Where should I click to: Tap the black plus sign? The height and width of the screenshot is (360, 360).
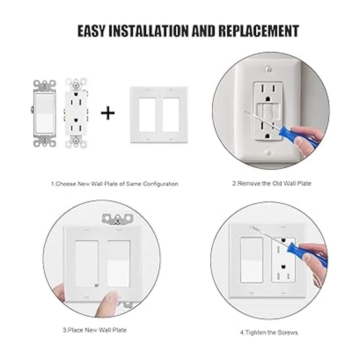(108, 113)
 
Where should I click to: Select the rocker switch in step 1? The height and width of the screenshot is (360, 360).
(44, 114)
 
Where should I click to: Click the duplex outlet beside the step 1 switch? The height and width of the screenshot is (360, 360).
(76, 113)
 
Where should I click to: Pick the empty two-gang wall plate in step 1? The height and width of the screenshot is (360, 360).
(159, 115)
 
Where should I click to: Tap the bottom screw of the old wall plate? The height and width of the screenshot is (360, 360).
(268, 152)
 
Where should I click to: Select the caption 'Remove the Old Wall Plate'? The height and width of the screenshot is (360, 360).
(272, 184)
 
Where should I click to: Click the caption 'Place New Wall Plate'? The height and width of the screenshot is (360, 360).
(95, 330)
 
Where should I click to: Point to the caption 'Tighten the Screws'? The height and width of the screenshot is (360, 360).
(269, 332)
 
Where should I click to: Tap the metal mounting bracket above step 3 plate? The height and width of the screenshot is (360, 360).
(118, 219)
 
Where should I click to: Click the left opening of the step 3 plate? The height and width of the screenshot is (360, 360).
(87, 263)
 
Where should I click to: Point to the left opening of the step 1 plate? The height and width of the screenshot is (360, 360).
(147, 114)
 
